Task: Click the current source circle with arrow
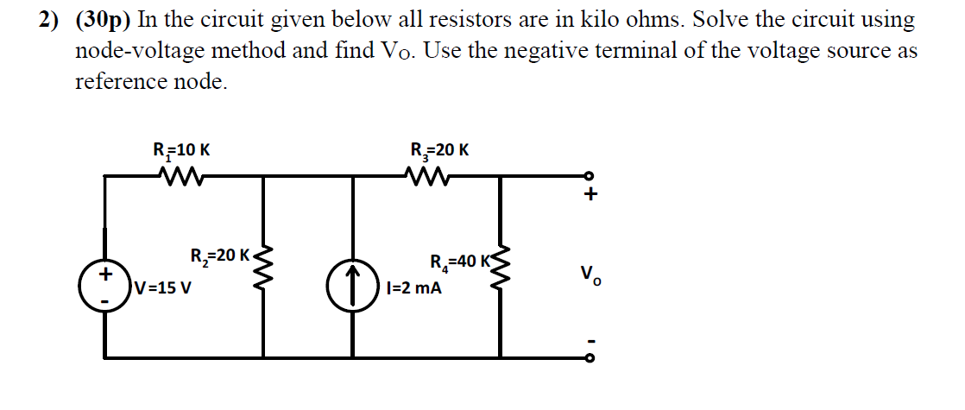[x=352, y=285]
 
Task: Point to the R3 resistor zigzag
[x=429, y=177]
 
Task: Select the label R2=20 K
[x=218, y=255]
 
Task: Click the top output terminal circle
[x=590, y=176]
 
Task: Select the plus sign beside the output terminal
[x=590, y=197]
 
